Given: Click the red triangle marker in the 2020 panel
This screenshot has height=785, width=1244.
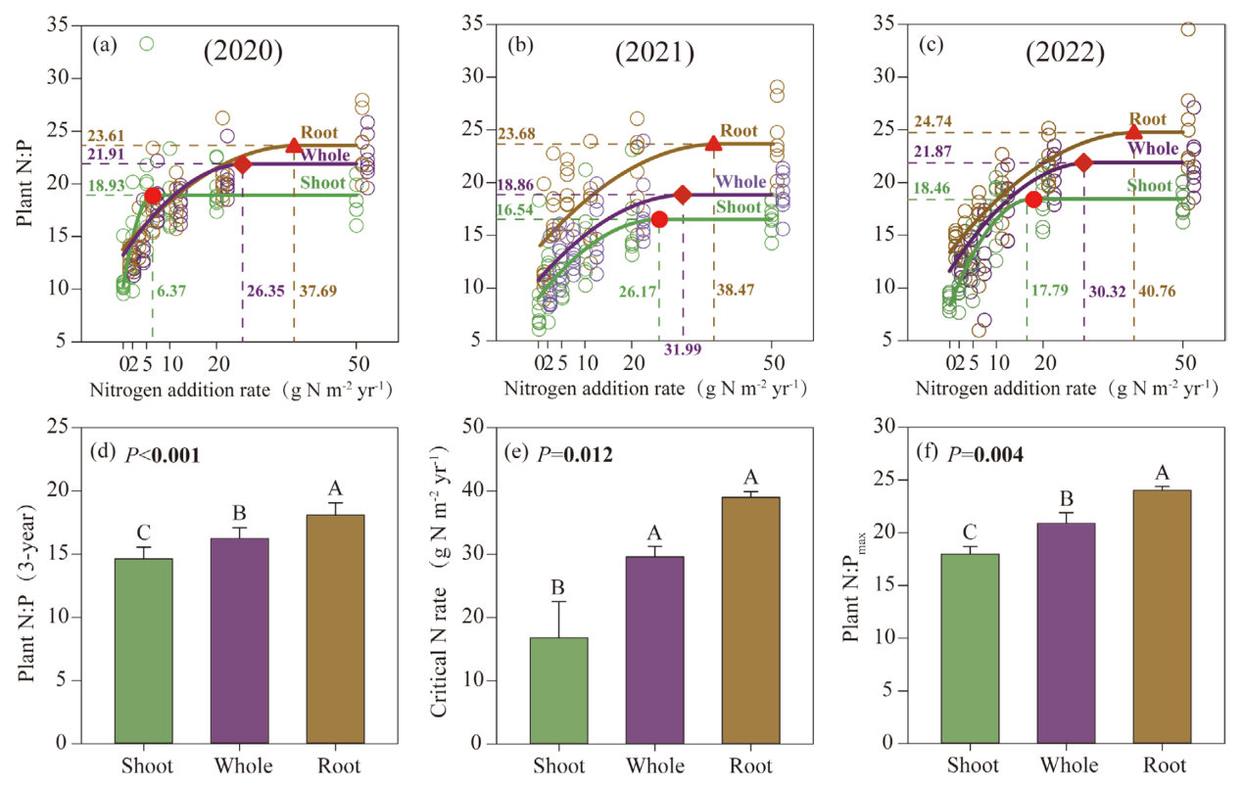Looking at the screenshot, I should click(293, 146).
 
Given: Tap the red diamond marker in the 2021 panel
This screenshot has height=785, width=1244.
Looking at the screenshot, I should click(683, 194).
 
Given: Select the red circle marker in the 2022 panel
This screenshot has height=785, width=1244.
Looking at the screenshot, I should click(1033, 199).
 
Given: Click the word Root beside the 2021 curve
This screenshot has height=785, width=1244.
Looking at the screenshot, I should click(739, 131).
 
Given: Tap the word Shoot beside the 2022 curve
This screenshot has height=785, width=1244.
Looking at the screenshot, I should click(1150, 185).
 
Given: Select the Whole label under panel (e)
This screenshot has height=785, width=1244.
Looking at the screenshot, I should click(655, 765).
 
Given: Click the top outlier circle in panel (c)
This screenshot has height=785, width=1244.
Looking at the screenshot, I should click(1188, 29).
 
